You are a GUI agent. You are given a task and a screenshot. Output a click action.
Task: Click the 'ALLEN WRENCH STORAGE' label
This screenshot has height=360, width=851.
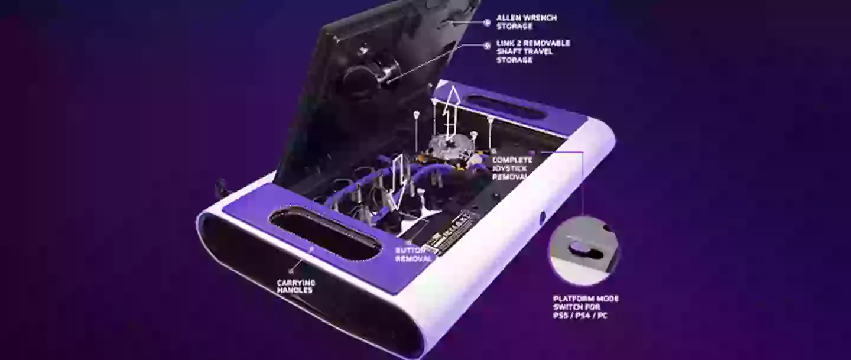tap(526, 22)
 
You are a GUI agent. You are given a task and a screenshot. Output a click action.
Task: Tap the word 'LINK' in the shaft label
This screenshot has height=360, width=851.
tap(506, 43)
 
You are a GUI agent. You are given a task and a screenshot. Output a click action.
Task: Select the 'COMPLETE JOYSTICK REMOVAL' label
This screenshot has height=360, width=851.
tap(512, 168)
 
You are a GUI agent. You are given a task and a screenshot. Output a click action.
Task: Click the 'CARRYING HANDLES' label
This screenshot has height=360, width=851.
tap(295, 286)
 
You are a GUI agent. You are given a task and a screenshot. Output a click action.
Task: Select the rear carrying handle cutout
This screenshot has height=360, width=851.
tap(507, 107)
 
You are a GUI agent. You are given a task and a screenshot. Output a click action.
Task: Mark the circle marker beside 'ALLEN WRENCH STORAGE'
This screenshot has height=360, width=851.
tap(487, 22)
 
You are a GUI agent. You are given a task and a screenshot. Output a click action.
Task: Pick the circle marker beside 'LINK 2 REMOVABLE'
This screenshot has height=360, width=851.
tap(487, 44)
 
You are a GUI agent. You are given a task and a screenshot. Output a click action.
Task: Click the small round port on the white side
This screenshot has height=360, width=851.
tap(543, 218)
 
